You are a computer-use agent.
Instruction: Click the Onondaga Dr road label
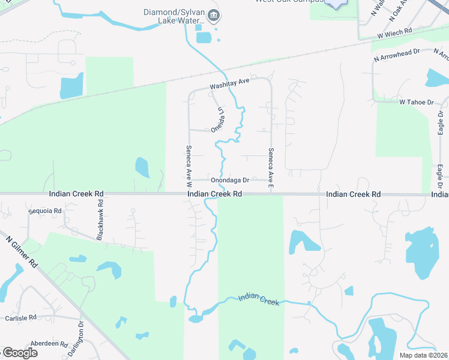tap(229, 179)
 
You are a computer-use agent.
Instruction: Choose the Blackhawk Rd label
tap(101, 217)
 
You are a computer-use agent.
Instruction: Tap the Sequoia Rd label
tap(45, 211)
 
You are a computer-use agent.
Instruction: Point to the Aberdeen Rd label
tap(50, 344)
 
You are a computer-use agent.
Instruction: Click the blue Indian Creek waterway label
tap(259, 299)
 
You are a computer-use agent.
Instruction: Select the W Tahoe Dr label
tap(417, 103)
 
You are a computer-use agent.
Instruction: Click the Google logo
tap(20, 353)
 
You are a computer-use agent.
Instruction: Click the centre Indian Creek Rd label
tap(214, 194)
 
